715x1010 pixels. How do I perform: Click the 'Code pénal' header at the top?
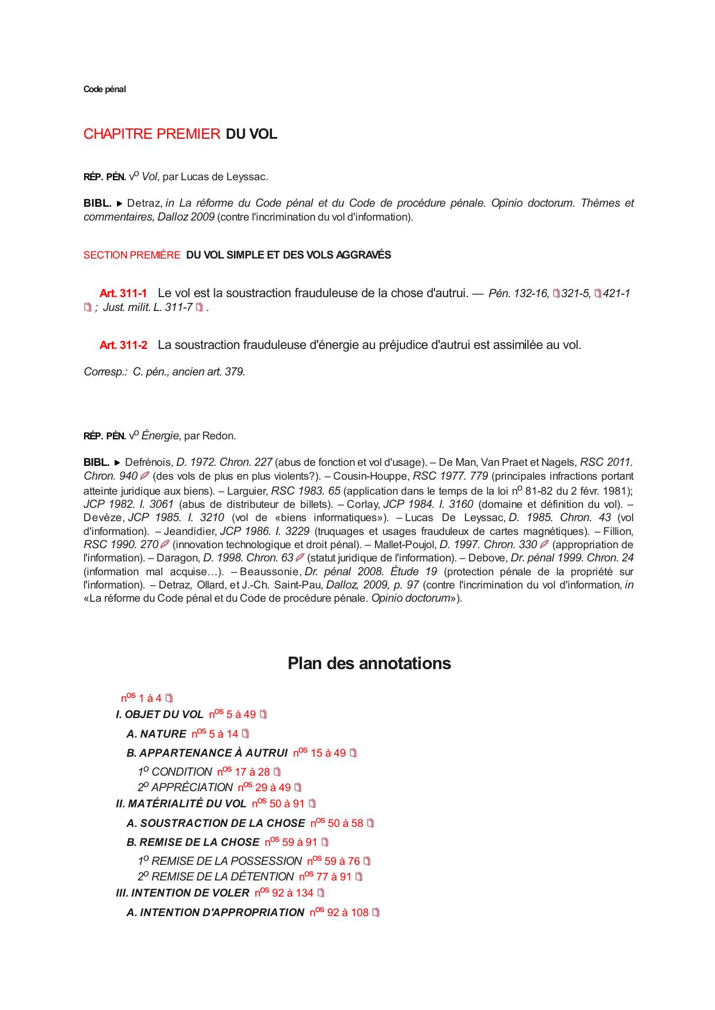pyautogui.click(x=104, y=89)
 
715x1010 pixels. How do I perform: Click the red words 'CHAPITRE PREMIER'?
pyautogui.click(x=152, y=134)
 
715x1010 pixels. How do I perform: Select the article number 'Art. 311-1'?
pyautogui.click(x=123, y=294)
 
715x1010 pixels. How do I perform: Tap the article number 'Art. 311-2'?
pyautogui.click(x=123, y=345)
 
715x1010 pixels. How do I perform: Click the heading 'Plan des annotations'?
pyautogui.click(x=369, y=663)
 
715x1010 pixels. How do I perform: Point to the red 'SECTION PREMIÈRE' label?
pyautogui.click(x=131, y=255)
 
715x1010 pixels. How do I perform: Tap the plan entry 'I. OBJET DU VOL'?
pyautogui.click(x=160, y=715)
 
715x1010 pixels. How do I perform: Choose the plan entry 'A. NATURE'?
pyautogui.click(x=156, y=734)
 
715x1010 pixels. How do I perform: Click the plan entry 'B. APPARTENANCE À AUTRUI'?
pyautogui.click(x=207, y=753)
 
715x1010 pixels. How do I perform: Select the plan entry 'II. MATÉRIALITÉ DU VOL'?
pyautogui.click(x=181, y=804)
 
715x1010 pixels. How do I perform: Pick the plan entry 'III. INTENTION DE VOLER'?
pyautogui.click(x=183, y=893)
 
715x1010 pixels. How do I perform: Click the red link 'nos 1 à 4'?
pyautogui.click(x=142, y=698)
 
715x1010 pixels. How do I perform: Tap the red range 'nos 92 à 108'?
pyautogui.click(x=339, y=913)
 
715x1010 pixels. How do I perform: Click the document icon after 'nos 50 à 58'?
pyautogui.click(x=370, y=823)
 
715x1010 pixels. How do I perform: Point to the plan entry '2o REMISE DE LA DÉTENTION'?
pyautogui.click(x=215, y=877)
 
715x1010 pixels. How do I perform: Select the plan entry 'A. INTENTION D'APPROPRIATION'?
pyautogui.click(x=215, y=913)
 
